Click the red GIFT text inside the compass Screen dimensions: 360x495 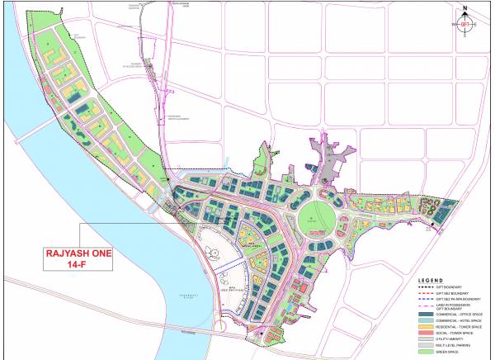click(x=465, y=25)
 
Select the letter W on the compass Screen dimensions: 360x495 click(x=453, y=25)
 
